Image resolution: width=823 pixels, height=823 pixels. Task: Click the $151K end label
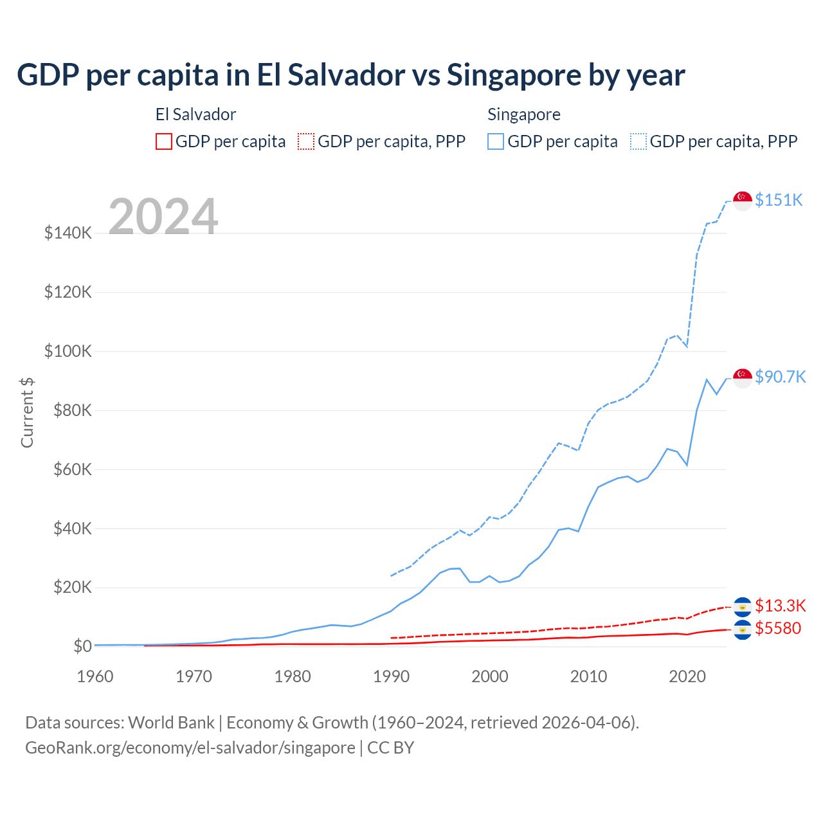pos(779,200)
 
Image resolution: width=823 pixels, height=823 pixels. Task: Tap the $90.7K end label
pos(780,377)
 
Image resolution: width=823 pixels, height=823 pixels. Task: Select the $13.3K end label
pos(780,606)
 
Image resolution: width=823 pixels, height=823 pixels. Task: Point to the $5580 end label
pos(778,628)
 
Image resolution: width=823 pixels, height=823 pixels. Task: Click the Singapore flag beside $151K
pos(743,201)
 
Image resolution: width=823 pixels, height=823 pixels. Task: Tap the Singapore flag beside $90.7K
pos(743,378)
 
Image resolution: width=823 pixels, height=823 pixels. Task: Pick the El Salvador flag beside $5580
pos(743,630)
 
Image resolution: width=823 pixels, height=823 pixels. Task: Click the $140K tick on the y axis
pos(68,233)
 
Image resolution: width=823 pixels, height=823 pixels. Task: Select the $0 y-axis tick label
pos(82,646)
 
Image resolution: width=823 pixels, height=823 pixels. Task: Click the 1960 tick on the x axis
pos(95,676)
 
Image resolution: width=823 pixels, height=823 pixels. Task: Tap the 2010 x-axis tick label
pos(588,676)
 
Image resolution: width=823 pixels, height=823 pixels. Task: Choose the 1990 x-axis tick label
pos(391,676)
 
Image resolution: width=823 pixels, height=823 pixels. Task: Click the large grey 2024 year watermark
pos(163,216)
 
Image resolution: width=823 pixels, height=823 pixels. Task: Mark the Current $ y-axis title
pos(27,412)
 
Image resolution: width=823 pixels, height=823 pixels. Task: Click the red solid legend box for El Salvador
pos(164,141)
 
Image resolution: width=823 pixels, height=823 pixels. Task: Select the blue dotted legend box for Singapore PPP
pos(638,141)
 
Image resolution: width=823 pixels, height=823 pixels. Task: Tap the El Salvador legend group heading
pos(195,114)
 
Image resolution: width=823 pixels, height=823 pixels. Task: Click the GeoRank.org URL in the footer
pos(190,748)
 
